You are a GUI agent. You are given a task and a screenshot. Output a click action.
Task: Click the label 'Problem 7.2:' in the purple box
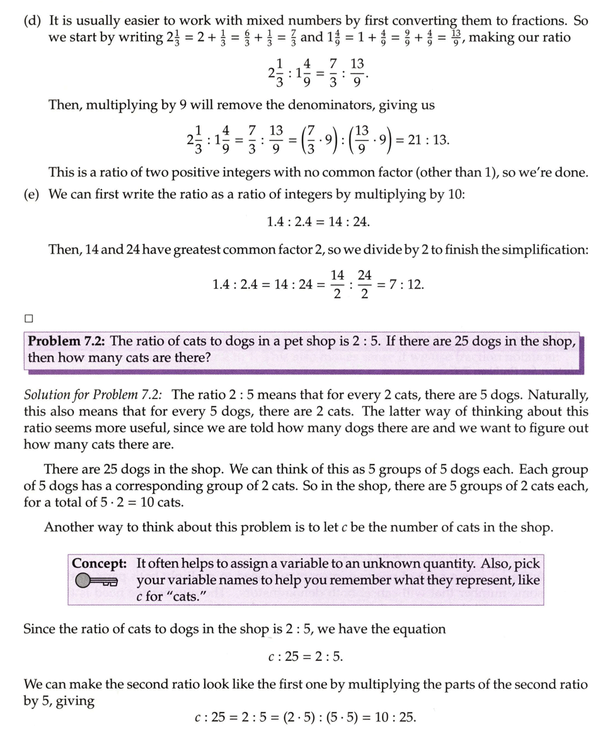pyautogui.click(x=67, y=341)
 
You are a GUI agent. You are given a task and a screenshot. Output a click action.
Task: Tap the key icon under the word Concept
pyautogui.click(x=95, y=580)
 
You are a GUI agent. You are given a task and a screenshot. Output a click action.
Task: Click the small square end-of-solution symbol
pyautogui.click(x=29, y=319)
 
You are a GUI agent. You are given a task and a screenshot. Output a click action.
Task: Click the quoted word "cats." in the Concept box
pyautogui.click(x=182, y=596)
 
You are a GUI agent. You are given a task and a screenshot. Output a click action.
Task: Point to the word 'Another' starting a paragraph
pyautogui.click(x=67, y=526)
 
